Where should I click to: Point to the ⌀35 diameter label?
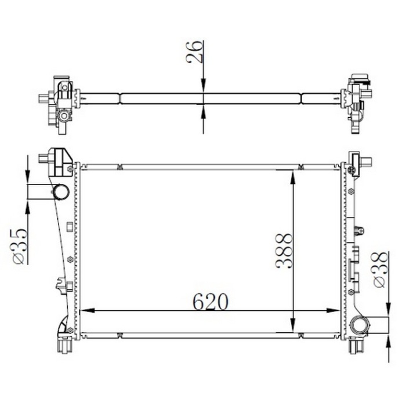pos(19,246)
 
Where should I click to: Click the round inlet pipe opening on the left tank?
pos(61,192)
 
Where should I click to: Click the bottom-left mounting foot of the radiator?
pos(63,345)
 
